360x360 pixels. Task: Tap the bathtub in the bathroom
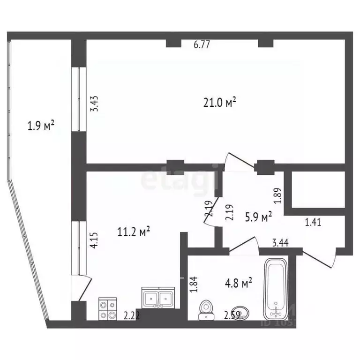pos(278,290)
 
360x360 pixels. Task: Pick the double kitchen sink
pos(158,298)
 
